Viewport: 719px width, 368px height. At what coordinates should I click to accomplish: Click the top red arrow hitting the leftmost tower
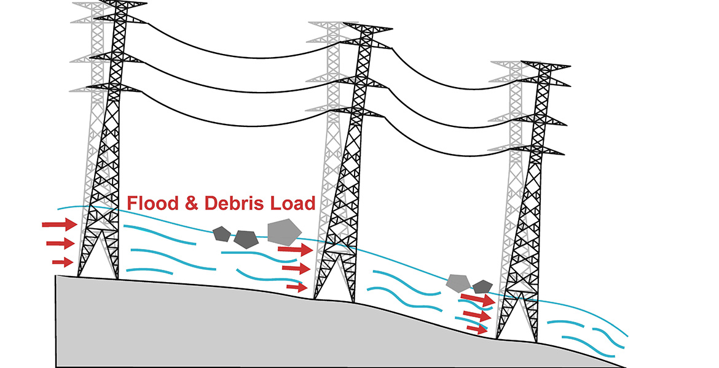pyautogui.click(x=59, y=225)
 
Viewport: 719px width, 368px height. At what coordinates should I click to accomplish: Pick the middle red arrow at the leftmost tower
pyautogui.click(x=60, y=244)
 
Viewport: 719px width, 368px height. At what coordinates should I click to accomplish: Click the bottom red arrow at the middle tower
pyautogui.click(x=297, y=286)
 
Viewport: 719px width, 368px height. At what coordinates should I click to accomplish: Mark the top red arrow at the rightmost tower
pyautogui.click(x=477, y=300)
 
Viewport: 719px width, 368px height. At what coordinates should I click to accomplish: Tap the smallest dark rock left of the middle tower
pyautogui.click(x=221, y=233)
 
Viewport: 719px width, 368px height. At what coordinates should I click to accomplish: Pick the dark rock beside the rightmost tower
pyautogui.click(x=483, y=286)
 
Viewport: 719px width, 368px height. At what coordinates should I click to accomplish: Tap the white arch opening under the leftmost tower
pyautogui.click(x=98, y=258)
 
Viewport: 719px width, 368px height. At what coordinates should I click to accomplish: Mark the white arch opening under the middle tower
pyautogui.click(x=335, y=279)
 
